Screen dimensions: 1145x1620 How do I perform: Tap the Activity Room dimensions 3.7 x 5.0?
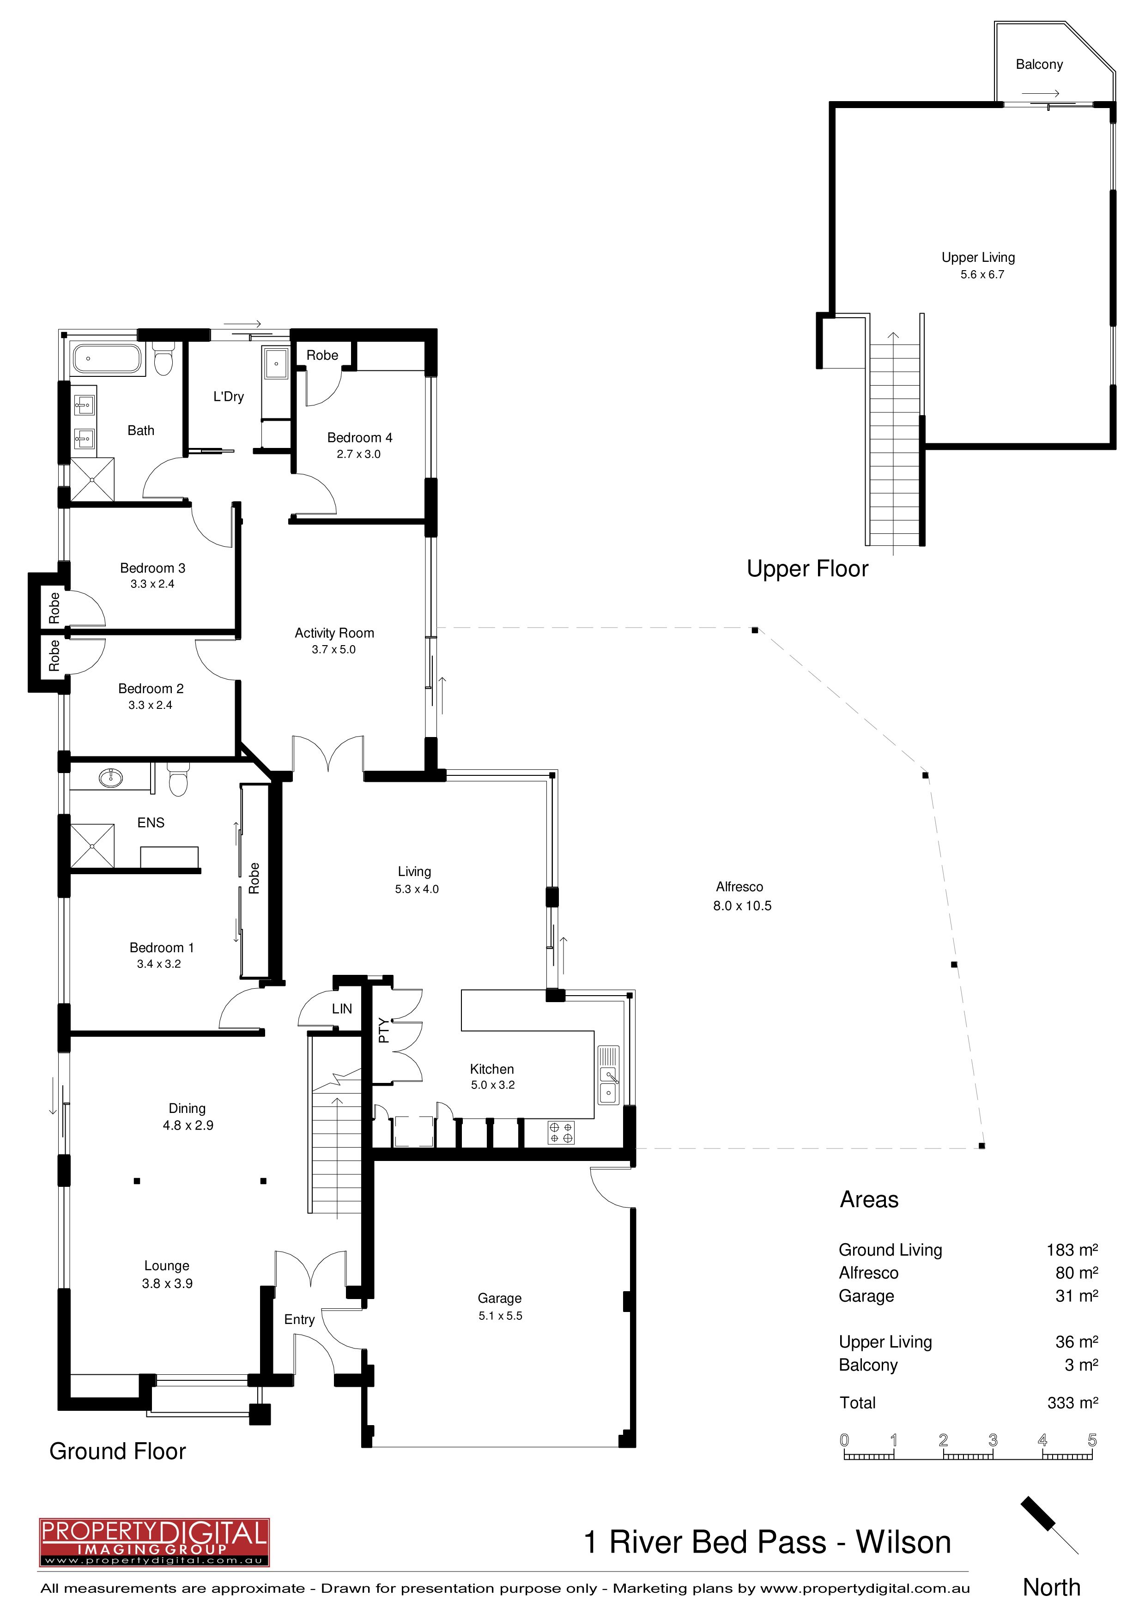pos(333,649)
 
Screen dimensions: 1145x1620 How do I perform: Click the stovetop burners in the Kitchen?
pos(562,1132)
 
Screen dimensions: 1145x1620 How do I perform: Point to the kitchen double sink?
pos(608,1075)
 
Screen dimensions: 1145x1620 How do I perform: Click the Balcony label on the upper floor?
pos(1039,64)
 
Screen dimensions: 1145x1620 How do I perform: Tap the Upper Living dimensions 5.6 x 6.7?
pos(982,274)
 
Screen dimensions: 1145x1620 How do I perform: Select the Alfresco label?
pos(739,887)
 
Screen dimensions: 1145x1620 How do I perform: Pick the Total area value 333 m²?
pos(1072,1402)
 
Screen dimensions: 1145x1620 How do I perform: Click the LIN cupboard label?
pos(342,1009)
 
